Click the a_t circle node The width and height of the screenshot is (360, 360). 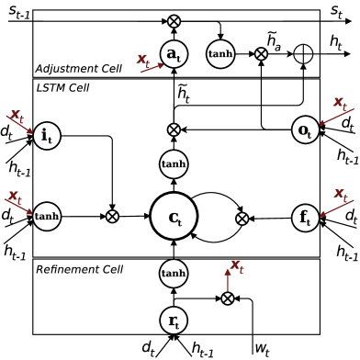point(174,54)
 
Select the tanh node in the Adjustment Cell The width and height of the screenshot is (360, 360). point(220,54)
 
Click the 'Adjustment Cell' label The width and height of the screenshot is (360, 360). point(78,69)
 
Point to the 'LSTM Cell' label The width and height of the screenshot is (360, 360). point(62,87)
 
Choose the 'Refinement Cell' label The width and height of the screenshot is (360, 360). point(79,269)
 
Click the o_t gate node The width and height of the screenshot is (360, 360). point(305,130)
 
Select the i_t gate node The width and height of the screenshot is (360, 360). point(47,136)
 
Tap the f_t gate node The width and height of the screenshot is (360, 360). point(305,218)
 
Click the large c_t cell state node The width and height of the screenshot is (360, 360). point(174,218)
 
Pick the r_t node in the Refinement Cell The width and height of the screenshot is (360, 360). point(174,321)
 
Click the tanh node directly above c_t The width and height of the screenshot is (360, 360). point(174,164)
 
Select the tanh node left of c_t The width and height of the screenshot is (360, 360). point(47,217)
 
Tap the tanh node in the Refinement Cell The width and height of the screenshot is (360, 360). point(174,273)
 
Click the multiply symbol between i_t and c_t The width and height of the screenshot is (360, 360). point(112,217)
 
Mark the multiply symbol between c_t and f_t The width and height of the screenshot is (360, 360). point(242,219)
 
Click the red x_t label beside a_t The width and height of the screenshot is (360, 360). point(143,60)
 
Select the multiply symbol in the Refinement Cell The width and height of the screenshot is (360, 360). point(228,298)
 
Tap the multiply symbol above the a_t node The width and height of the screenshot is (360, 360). point(174,21)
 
